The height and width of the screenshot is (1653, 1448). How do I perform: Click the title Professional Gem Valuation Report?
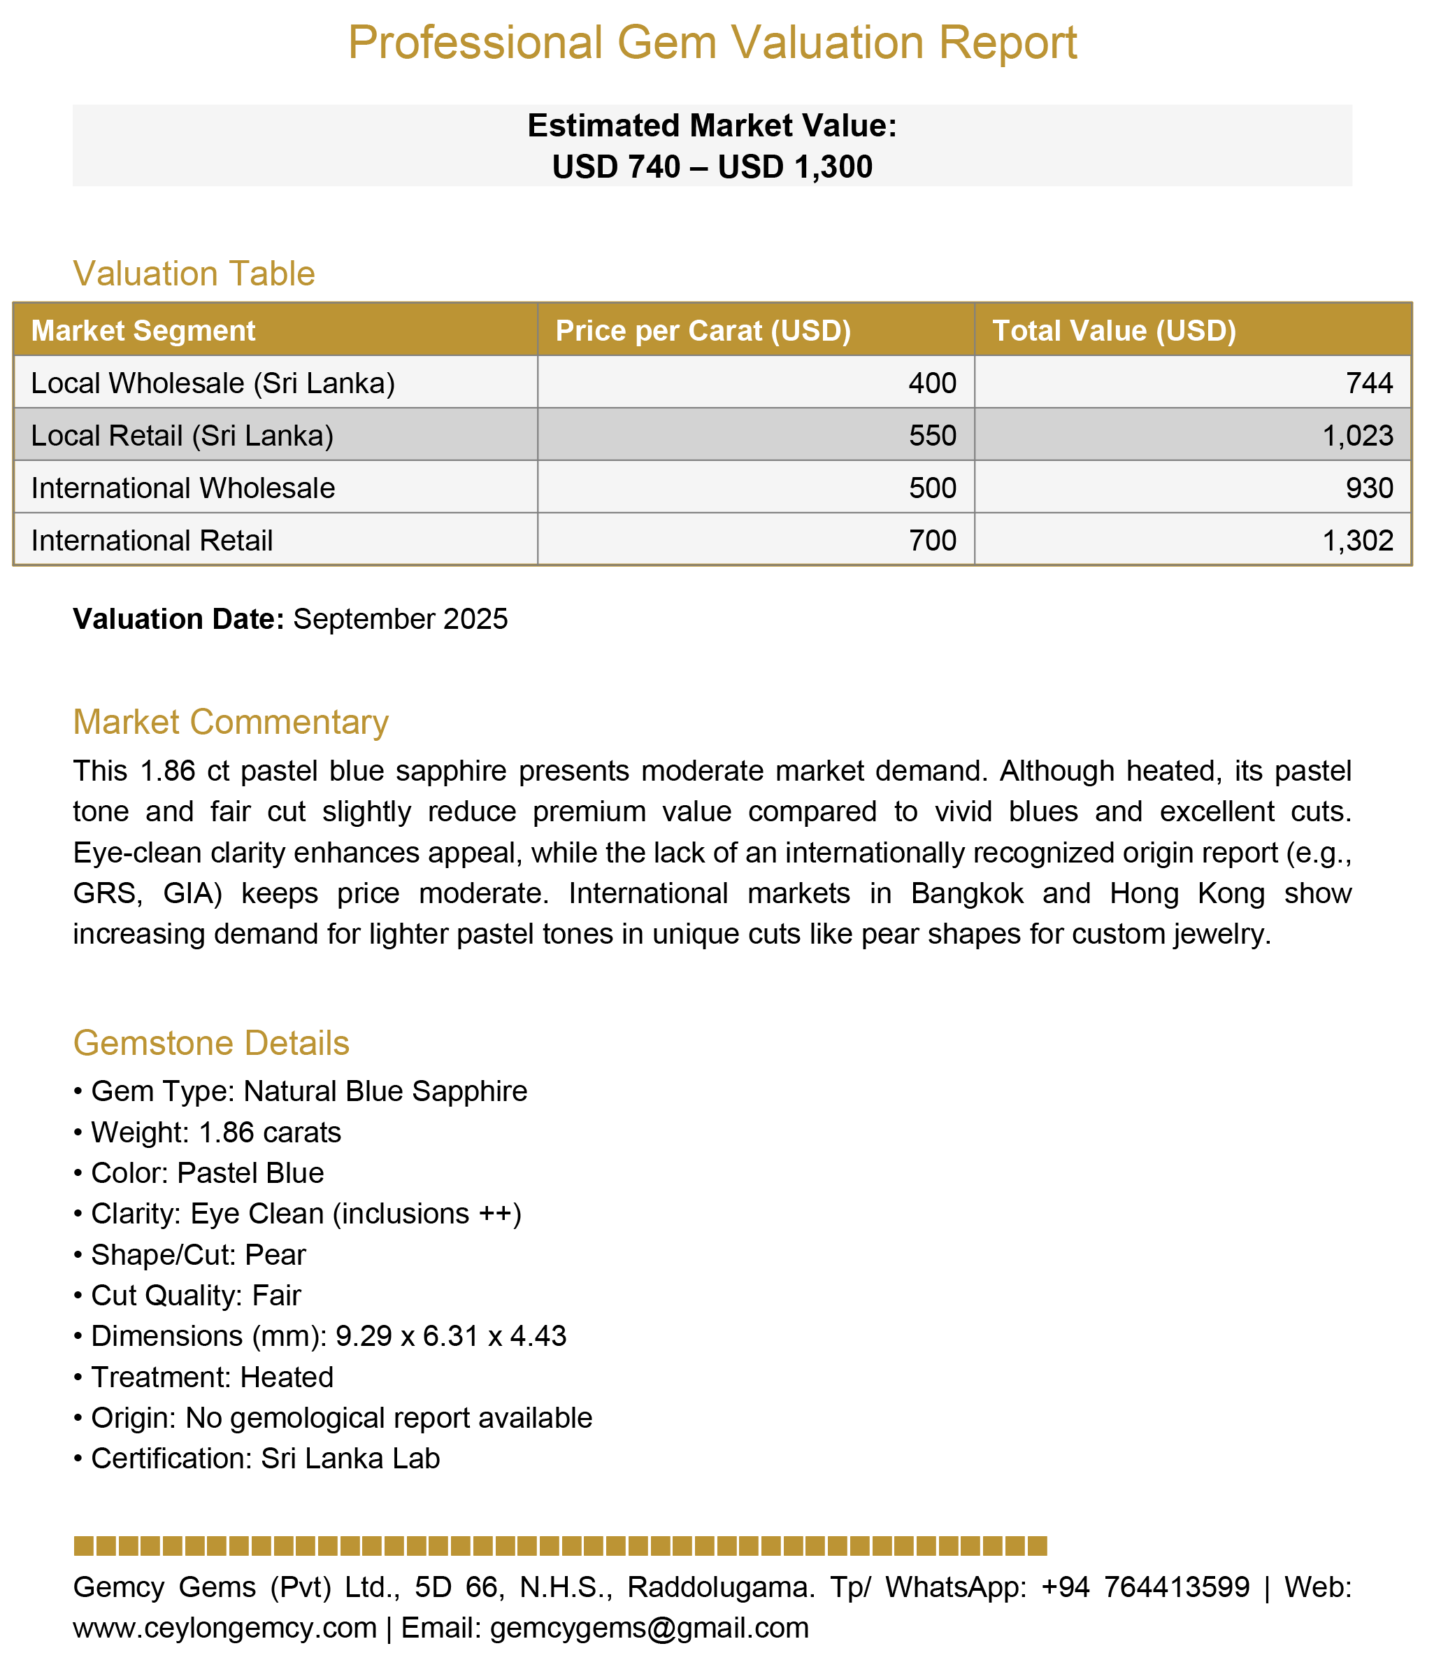coord(712,43)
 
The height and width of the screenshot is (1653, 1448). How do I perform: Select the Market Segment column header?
coord(143,331)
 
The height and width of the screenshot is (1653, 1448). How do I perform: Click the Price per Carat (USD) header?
coord(703,331)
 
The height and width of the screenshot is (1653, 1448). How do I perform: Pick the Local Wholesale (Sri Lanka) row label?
coord(213,383)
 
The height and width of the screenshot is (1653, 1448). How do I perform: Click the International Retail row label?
coord(151,540)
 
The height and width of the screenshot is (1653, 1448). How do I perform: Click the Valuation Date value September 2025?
coord(400,619)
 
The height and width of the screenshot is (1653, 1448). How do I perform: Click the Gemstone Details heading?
coord(211,1044)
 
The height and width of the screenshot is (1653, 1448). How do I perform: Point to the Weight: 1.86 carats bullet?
coord(216,1133)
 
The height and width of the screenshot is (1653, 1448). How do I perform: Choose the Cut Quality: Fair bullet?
coord(196,1296)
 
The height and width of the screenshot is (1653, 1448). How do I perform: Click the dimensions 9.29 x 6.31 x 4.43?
coord(451,1336)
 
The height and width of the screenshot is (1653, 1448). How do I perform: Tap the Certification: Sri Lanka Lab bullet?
coord(265,1459)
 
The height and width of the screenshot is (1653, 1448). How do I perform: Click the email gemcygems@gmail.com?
coord(649,1627)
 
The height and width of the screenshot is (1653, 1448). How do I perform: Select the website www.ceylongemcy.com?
coord(224,1627)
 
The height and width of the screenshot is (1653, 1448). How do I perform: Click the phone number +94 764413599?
coord(1146,1587)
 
